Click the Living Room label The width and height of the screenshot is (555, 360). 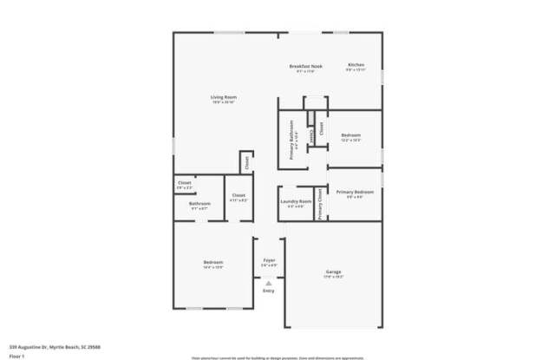pyautogui.click(x=224, y=96)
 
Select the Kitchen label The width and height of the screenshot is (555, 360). pyautogui.click(x=356, y=65)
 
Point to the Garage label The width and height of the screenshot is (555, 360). pyautogui.click(x=334, y=272)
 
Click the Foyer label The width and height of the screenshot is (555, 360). pyautogui.click(x=269, y=260)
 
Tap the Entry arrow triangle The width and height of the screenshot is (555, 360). pyautogui.click(x=269, y=282)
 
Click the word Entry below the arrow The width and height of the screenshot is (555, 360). pyautogui.click(x=269, y=291)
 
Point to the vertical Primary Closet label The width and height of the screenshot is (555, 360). pyautogui.click(x=320, y=204)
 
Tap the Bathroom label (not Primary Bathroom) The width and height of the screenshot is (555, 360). pyautogui.click(x=199, y=204)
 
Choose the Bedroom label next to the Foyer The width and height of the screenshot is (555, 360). pyautogui.click(x=213, y=262)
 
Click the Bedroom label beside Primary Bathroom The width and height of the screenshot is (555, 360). pyautogui.click(x=350, y=135)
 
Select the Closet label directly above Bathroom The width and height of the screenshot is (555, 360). pyautogui.click(x=185, y=183)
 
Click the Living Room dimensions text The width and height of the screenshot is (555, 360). pyautogui.click(x=224, y=102)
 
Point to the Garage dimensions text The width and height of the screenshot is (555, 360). pyautogui.click(x=334, y=278)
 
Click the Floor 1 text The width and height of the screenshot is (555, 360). pyautogui.click(x=16, y=355)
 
